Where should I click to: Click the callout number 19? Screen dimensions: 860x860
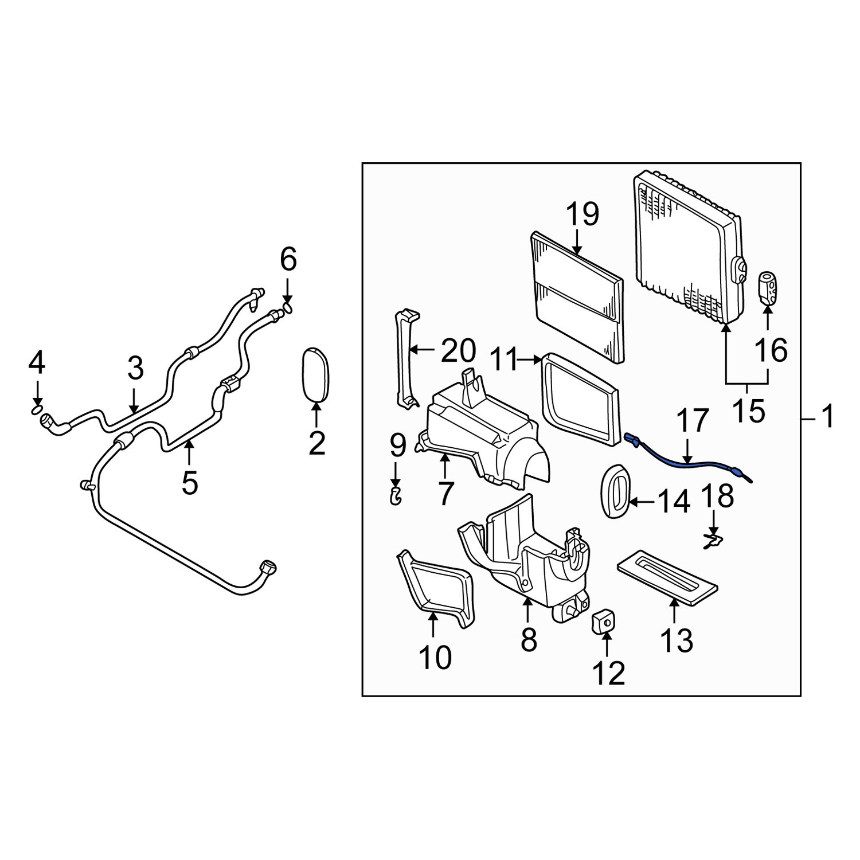(x=583, y=215)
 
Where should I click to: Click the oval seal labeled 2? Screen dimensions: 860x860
(x=315, y=373)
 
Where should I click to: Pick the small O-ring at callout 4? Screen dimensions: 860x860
(x=36, y=409)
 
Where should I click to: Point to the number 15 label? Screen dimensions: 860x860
(x=748, y=411)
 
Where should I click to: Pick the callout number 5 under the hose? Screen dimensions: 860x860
(x=190, y=483)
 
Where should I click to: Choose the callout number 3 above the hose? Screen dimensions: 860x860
(x=135, y=370)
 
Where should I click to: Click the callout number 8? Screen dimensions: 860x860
(x=529, y=639)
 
